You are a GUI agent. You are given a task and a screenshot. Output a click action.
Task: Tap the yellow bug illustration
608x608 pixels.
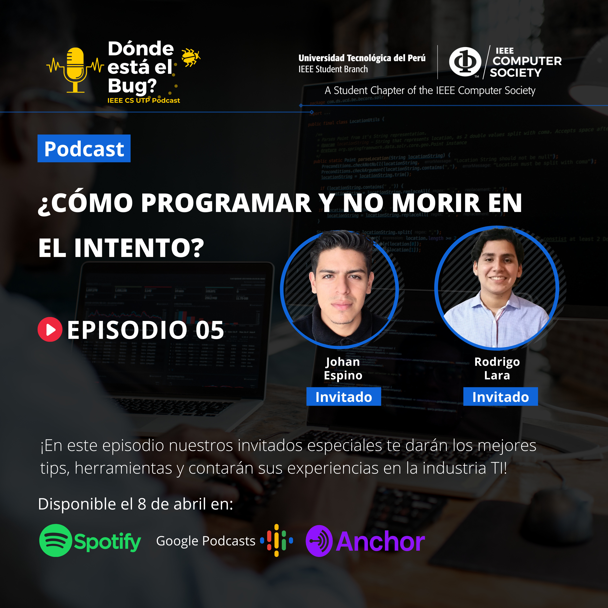click(x=190, y=57)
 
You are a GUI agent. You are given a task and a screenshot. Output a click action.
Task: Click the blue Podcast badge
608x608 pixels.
click(x=84, y=149)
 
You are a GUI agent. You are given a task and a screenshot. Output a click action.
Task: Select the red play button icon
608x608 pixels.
click(x=50, y=330)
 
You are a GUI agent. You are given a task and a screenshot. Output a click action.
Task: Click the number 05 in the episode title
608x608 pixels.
click(x=210, y=330)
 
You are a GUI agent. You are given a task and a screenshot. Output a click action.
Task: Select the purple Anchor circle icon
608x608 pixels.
click(x=319, y=541)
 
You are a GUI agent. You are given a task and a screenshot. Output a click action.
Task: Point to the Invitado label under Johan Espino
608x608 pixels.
click(x=344, y=397)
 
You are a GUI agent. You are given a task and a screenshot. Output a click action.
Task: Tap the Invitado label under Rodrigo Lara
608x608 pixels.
click(x=500, y=397)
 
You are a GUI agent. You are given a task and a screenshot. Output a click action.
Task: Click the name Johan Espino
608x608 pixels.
click(x=343, y=368)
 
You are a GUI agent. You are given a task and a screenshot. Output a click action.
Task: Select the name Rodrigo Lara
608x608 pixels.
click(x=497, y=368)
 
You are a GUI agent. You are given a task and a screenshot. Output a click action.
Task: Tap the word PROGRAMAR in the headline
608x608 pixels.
click(x=226, y=203)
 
